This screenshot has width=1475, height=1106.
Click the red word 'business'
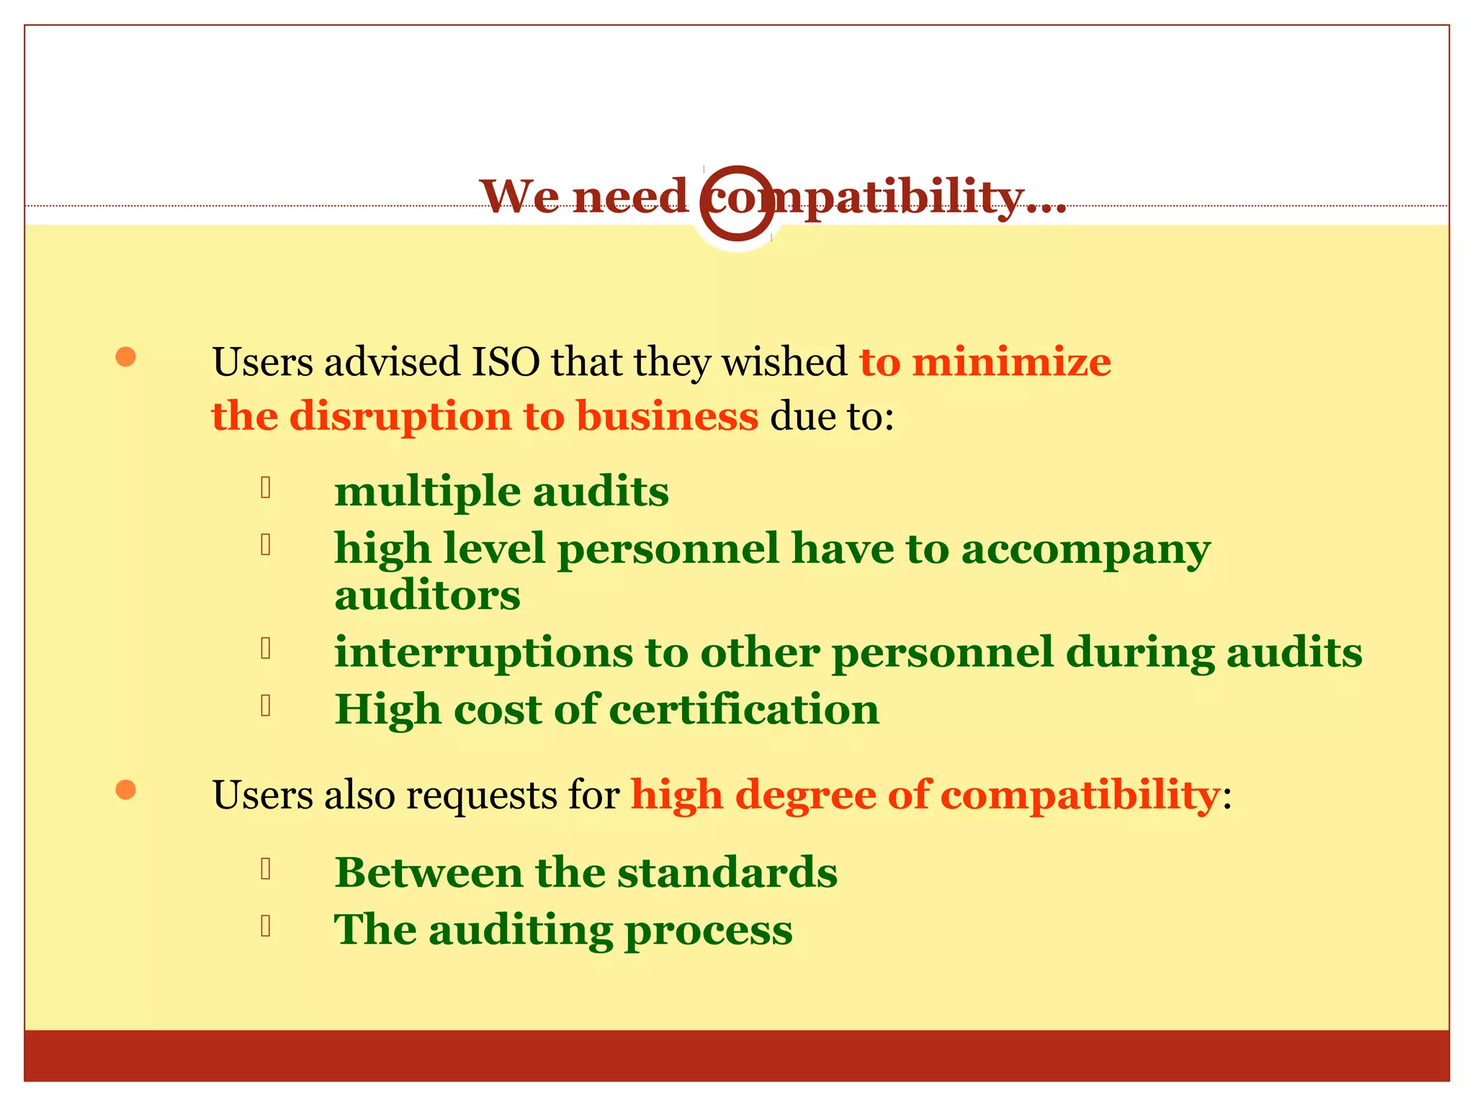(667, 416)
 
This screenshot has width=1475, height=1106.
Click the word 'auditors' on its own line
(427, 595)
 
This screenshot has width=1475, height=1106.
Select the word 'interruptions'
(483, 652)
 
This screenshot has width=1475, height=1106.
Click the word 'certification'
(744, 709)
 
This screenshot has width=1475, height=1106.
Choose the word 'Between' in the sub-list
(429, 873)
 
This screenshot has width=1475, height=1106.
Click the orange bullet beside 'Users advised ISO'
(126, 357)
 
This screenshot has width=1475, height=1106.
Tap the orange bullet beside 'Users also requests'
(126, 790)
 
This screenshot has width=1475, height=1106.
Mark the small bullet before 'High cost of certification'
(266, 706)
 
